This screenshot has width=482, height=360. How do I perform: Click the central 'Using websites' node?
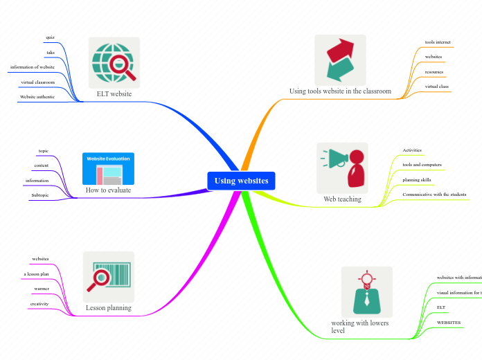241,181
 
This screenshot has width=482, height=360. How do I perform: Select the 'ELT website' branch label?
114,93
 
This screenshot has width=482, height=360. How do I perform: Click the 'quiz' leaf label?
51,37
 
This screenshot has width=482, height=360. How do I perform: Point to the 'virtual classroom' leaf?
37,82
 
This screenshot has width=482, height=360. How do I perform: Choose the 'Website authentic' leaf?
37,97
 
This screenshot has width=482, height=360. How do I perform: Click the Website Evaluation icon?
108,169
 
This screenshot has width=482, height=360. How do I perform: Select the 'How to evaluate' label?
108,190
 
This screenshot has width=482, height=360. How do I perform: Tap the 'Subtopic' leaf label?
39,195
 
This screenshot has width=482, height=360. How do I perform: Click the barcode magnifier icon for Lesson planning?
108,277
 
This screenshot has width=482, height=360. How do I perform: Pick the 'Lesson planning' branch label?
108,307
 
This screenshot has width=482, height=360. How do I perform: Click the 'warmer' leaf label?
41,289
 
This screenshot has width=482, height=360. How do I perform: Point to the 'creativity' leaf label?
39,304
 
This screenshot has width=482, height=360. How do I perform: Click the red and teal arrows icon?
339,60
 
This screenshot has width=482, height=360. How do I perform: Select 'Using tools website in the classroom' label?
340,91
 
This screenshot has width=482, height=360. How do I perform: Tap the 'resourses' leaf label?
434,71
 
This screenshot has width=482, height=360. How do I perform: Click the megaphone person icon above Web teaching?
342,168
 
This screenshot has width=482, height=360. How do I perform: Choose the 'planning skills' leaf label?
417,180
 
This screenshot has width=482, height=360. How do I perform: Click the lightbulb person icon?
366,291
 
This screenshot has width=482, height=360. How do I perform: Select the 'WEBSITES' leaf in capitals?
449,323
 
